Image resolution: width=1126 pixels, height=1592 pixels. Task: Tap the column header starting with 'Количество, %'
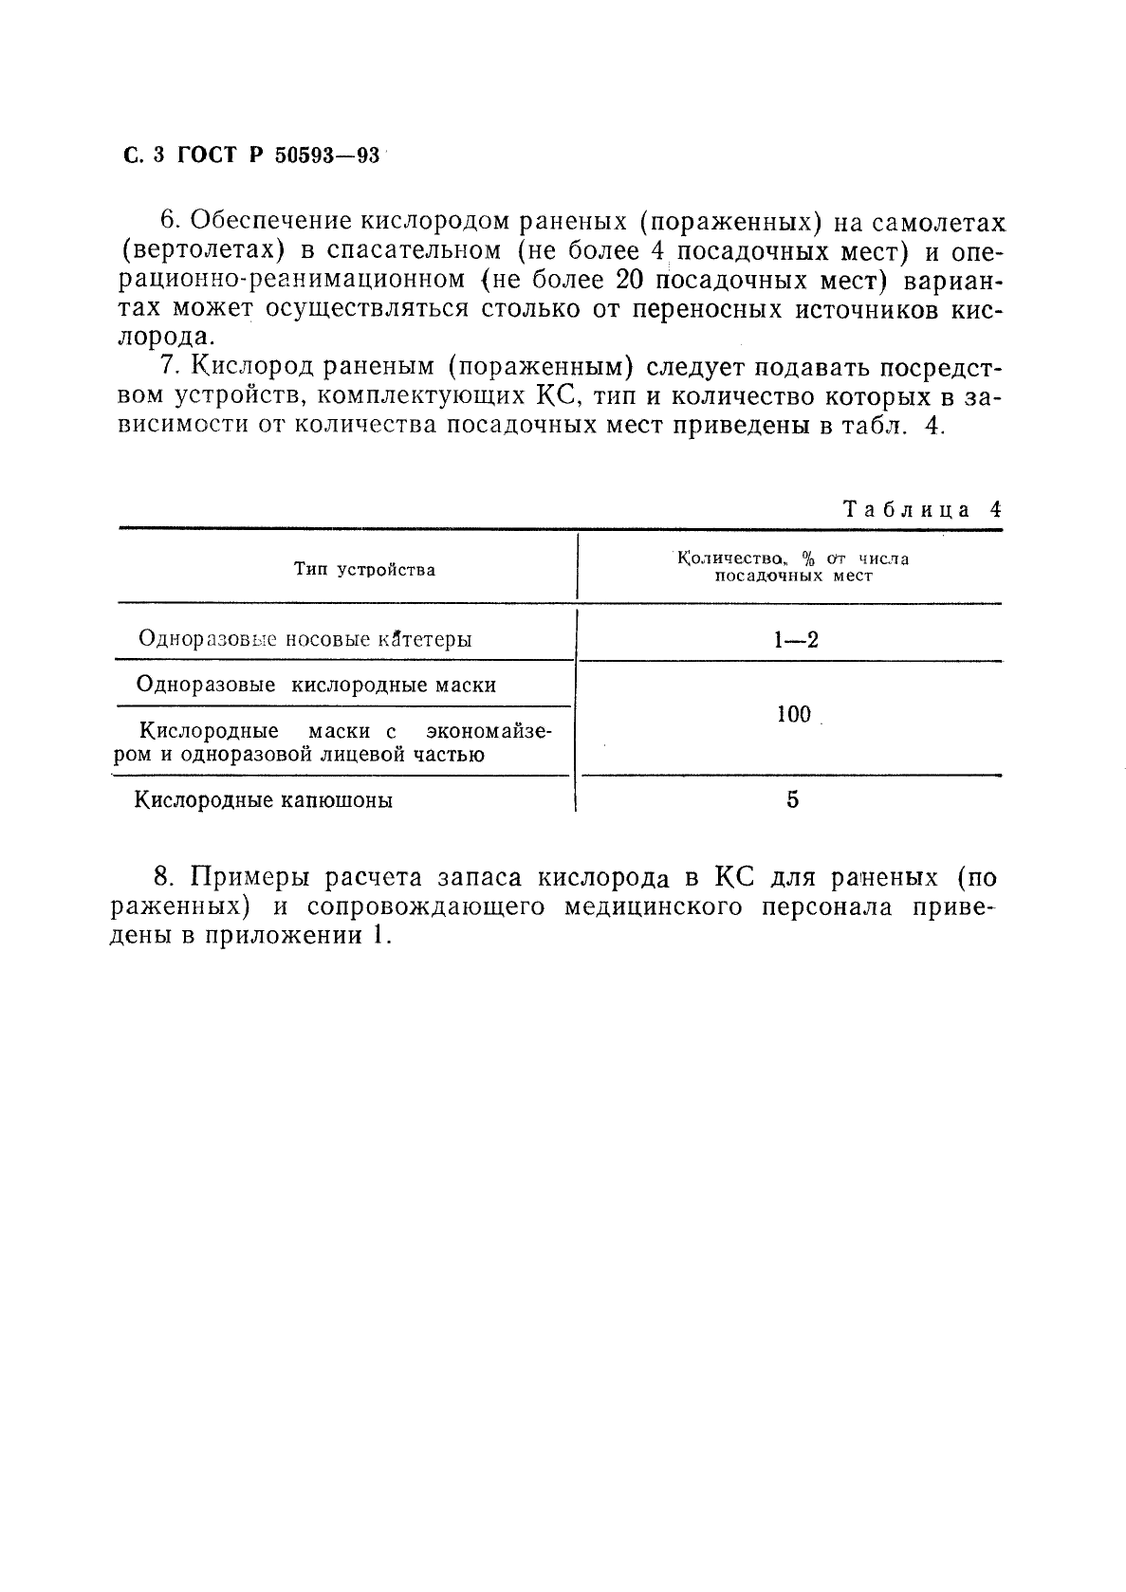pyautogui.click(x=792, y=567)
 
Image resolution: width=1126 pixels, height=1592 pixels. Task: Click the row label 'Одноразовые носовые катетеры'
pyautogui.click(x=305, y=638)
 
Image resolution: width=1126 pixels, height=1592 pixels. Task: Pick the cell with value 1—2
pyautogui.click(x=795, y=639)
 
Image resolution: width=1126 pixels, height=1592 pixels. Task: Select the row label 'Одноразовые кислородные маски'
pyautogui.click(x=316, y=685)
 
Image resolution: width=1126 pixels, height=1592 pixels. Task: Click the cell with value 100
pyautogui.click(x=793, y=715)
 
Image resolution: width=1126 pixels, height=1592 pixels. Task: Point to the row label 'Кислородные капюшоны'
pyautogui.click(x=264, y=800)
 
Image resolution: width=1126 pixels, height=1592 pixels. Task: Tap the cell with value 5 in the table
pyautogui.click(x=792, y=800)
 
